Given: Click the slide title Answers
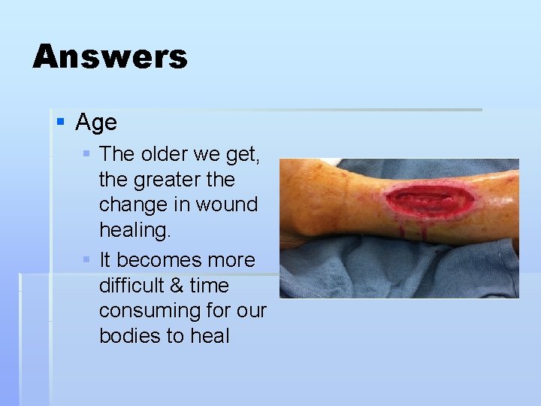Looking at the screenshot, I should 110,56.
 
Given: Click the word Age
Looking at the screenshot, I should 96,122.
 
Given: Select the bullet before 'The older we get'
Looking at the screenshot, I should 86,153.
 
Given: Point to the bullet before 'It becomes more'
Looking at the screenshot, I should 86,259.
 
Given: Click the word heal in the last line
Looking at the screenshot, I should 210,336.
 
